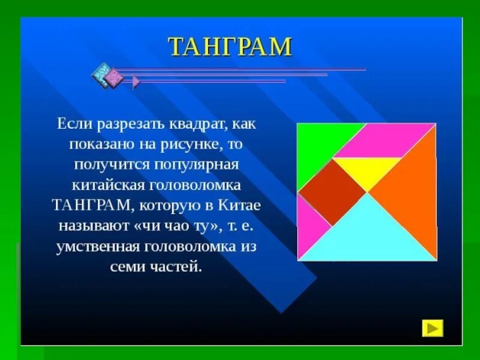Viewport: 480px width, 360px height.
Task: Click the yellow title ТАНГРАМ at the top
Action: point(230,47)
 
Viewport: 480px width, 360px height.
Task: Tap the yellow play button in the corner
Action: point(433,328)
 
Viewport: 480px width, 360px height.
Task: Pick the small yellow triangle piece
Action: point(367,169)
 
